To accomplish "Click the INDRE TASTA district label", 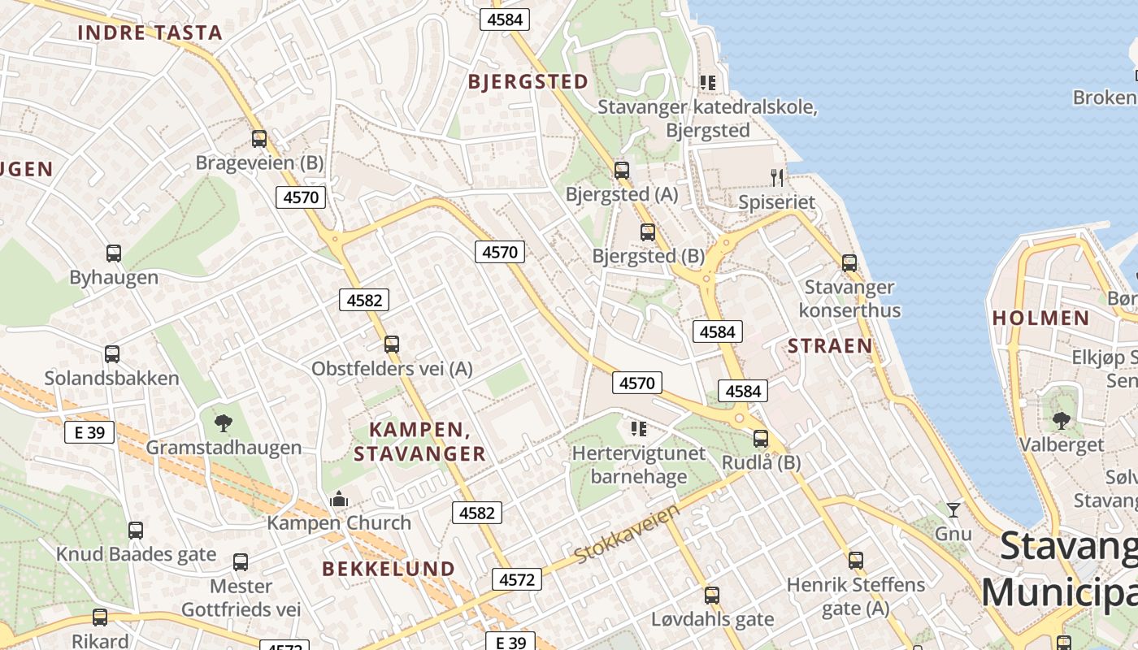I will tap(150, 32).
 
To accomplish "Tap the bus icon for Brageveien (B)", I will tap(259, 139).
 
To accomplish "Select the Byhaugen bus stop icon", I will tap(114, 253).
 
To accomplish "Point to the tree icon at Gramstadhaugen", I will tap(224, 422).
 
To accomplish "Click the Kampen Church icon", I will tap(339, 498).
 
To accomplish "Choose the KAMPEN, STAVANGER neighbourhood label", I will tap(419, 441).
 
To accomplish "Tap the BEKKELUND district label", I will tap(389, 569).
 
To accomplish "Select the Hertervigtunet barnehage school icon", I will tap(639, 428).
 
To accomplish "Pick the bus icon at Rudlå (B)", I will tap(761, 439).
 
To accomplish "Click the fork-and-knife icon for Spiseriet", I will tap(777, 177).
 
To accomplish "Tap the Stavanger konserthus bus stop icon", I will tap(849, 263).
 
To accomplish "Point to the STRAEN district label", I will tap(830, 346).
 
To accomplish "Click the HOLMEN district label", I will tap(1040, 318).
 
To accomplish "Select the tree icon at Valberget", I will tap(1062, 420).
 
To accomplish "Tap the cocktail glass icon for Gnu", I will tap(953, 510).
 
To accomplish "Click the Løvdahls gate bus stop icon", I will tap(712, 596).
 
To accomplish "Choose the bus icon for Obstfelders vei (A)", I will tap(392, 344).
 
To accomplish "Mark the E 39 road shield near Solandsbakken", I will tap(89, 432).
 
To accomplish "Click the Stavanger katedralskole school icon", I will tap(708, 83).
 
